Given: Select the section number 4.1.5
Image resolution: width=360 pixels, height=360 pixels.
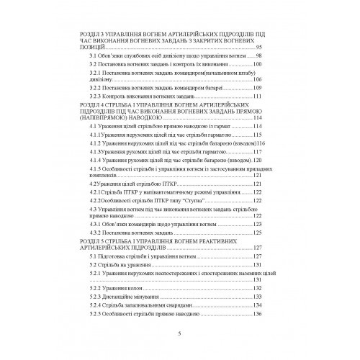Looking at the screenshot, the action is tap(97, 167).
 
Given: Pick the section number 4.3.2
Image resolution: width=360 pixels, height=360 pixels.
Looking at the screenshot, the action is tap(97, 234).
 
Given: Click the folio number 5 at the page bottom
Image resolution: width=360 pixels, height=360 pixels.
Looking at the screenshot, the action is tap(180, 334).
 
